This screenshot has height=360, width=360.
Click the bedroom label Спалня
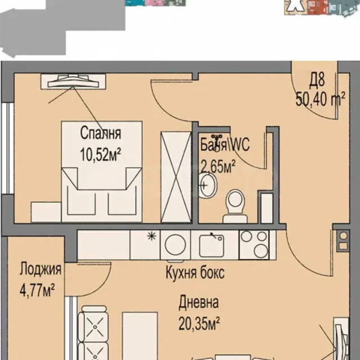[101, 133]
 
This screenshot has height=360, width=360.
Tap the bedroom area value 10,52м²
[101, 155]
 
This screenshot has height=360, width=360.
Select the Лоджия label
[40, 269]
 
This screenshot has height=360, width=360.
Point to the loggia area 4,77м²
[37, 290]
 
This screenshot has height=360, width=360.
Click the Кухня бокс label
[195, 272]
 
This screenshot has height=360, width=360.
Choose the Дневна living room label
[199, 302]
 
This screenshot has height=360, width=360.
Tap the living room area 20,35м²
[199, 323]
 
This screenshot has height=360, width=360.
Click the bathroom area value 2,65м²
[218, 166]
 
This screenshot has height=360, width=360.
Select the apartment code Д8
[317, 81]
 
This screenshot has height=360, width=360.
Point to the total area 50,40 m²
[321, 100]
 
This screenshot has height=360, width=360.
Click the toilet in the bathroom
[235, 206]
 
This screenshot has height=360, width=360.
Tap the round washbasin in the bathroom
[208, 185]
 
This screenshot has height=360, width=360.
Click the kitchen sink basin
[211, 246]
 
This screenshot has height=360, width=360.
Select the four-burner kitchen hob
[254, 245]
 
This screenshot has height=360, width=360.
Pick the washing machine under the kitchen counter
[175, 245]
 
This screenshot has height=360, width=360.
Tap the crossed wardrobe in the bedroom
[176, 177]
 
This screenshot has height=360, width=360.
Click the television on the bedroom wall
[73, 81]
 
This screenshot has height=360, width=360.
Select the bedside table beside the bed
[46, 212]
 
